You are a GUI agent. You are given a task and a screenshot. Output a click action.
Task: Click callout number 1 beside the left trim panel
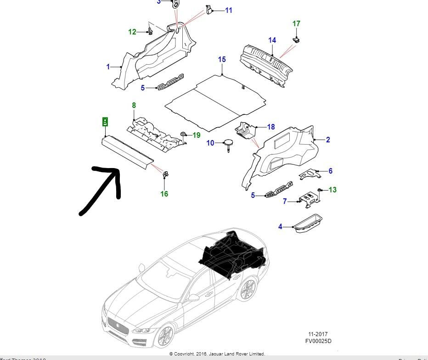point(108,67)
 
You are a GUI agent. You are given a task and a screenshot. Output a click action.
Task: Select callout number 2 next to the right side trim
point(328,140)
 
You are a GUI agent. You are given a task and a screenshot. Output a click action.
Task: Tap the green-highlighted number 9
point(105,122)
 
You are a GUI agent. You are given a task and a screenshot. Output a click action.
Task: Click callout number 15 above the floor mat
point(222,60)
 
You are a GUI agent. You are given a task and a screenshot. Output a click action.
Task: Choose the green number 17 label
point(296,23)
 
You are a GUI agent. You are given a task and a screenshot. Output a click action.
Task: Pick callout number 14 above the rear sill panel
point(272,40)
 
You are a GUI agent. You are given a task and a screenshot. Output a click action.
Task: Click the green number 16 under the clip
point(164,194)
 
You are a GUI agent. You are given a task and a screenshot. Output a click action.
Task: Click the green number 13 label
point(332,190)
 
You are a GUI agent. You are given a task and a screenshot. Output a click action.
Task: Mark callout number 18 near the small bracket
point(270,127)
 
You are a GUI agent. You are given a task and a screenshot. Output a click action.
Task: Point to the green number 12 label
point(132,32)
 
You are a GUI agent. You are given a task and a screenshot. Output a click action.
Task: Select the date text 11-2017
point(318,334)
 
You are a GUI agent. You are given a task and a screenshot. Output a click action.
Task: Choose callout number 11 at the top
point(228,10)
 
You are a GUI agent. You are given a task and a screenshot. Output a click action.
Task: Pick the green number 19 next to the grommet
point(197,135)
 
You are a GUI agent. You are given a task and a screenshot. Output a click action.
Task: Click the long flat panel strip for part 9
point(126,150)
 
